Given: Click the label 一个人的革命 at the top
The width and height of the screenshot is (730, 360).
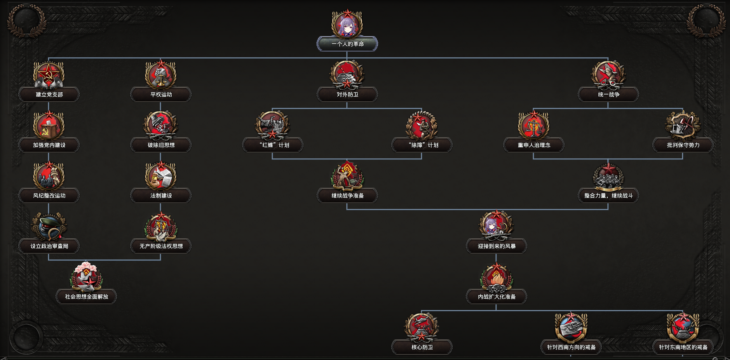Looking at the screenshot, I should (x=347, y=44).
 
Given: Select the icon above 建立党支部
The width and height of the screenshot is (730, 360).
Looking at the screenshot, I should (x=49, y=75).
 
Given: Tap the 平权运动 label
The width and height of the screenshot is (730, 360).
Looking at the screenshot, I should (x=161, y=94).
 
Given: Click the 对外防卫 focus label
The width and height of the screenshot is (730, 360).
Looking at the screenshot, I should (x=347, y=94).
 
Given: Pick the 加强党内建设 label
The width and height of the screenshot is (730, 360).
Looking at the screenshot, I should (x=49, y=145).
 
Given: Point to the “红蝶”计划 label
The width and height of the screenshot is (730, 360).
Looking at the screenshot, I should (x=273, y=145).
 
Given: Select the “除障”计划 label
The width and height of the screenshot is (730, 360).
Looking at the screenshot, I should (x=422, y=145).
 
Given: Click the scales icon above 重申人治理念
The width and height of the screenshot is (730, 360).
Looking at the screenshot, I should (x=533, y=125).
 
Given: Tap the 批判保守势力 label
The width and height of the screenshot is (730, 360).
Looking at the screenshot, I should (x=683, y=145).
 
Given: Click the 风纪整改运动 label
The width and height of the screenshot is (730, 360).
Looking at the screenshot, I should (x=49, y=196).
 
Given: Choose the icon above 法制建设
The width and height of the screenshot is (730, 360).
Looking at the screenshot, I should (x=161, y=176).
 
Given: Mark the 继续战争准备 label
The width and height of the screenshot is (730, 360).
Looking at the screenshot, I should (x=347, y=196).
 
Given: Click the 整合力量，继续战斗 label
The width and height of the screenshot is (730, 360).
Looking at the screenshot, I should (x=608, y=196).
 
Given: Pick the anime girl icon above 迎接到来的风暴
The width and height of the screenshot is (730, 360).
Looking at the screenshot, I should (x=496, y=225).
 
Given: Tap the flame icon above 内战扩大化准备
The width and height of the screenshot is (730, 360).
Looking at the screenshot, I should (x=496, y=277).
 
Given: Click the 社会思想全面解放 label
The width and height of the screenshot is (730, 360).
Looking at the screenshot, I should (x=86, y=297).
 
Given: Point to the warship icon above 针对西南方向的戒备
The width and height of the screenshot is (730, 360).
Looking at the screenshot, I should (x=571, y=327).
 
